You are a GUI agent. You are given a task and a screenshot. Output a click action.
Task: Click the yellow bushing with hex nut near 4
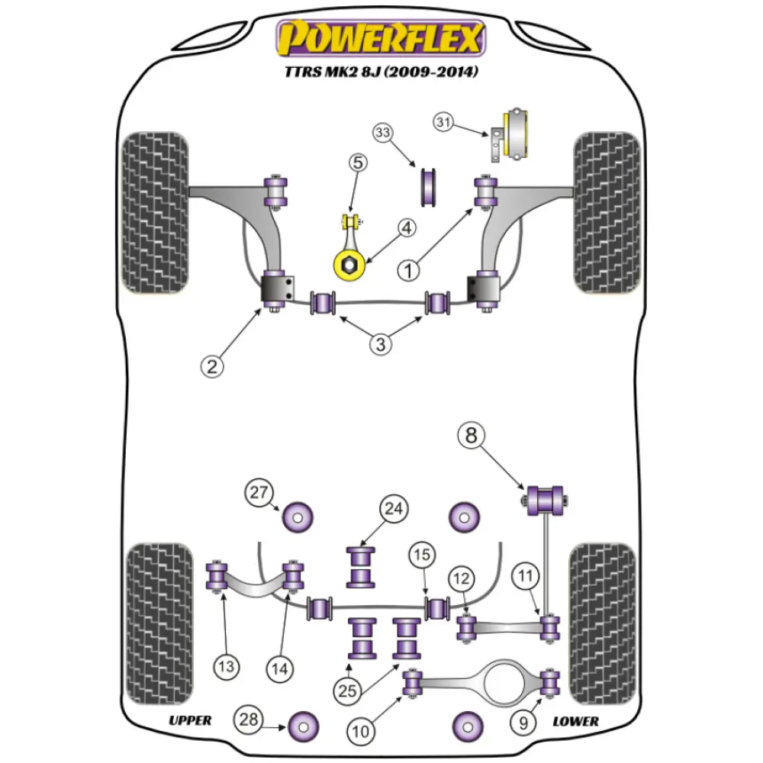pyautogui.click(x=348, y=265)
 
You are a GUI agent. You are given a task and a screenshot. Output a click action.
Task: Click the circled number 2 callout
pyautogui.click(x=213, y=366)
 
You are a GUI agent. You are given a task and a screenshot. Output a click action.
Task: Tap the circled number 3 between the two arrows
pyautogui.click(x=381, y=344)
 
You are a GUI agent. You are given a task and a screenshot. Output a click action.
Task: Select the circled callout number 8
pyautogui.click(x=472, y=436)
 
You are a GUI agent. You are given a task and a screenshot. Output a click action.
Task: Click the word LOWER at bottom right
pyautogui.click(x=575, y=720)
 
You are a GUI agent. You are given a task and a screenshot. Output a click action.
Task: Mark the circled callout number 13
pyautogui.click(x=227, y=668)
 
